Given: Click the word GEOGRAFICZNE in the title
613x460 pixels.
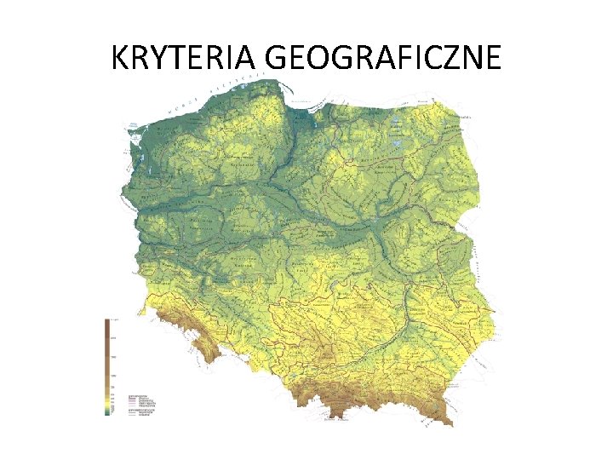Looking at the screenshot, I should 383,57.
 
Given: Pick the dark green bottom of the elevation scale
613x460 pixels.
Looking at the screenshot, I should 107,411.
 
